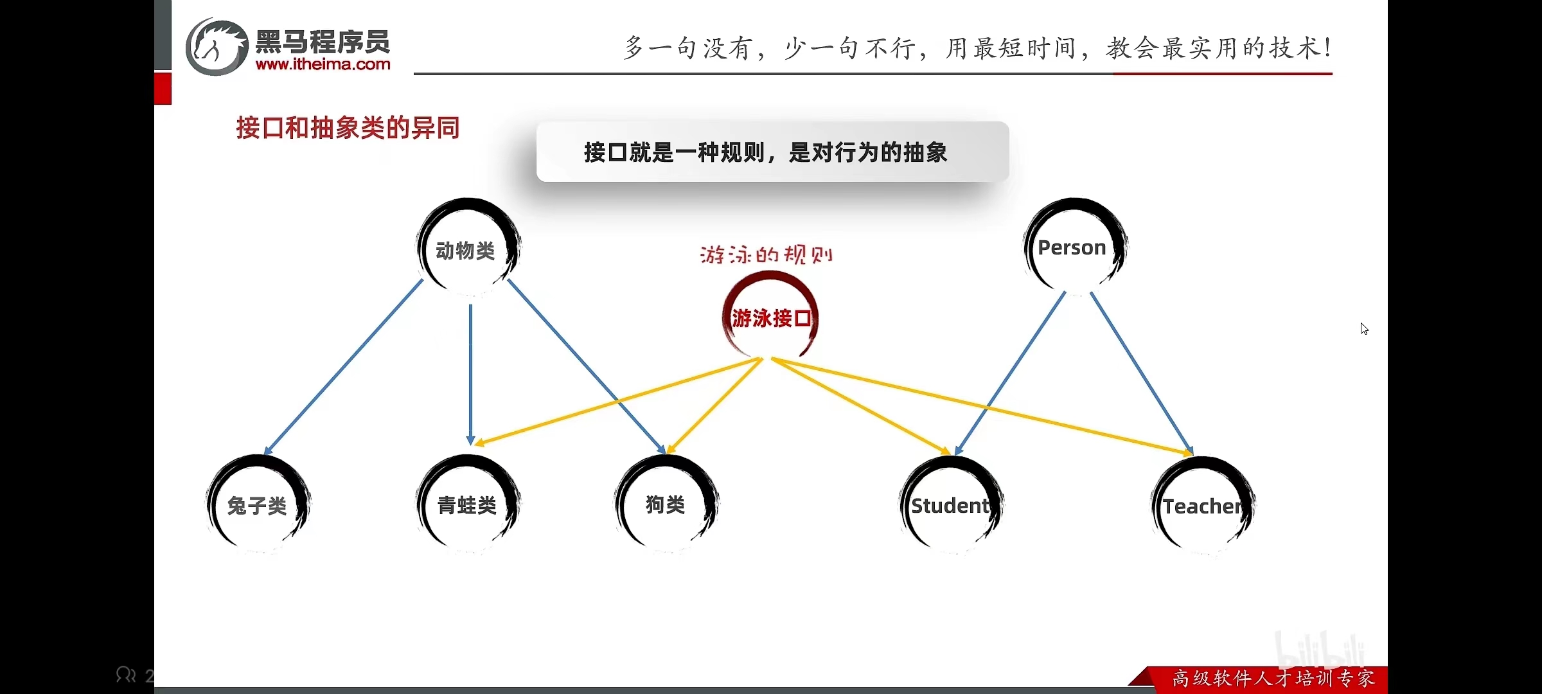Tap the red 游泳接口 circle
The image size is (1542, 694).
pos(770,317)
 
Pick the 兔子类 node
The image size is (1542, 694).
pos(258,504)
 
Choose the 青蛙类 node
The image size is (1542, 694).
pos(468,504)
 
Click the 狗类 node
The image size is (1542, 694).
pos(666,504)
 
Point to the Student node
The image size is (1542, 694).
pos(951,506)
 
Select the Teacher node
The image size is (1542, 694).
pos(1203,506)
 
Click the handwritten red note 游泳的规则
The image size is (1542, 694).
pos(766,254)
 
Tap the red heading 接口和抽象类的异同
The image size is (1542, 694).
pos(348,128)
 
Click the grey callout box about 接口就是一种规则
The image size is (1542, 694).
pos(772,152)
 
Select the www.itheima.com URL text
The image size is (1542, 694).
pos(323,64)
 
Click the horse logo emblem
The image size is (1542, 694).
pos(217,47)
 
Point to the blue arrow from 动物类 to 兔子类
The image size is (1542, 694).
pos(344,368)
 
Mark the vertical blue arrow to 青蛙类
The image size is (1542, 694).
pos(470,373)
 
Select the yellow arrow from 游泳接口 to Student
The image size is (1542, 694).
pos(861,406)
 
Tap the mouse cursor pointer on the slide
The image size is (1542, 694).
pos(1363,328)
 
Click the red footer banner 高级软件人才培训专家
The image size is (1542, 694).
pos(1272,679)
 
